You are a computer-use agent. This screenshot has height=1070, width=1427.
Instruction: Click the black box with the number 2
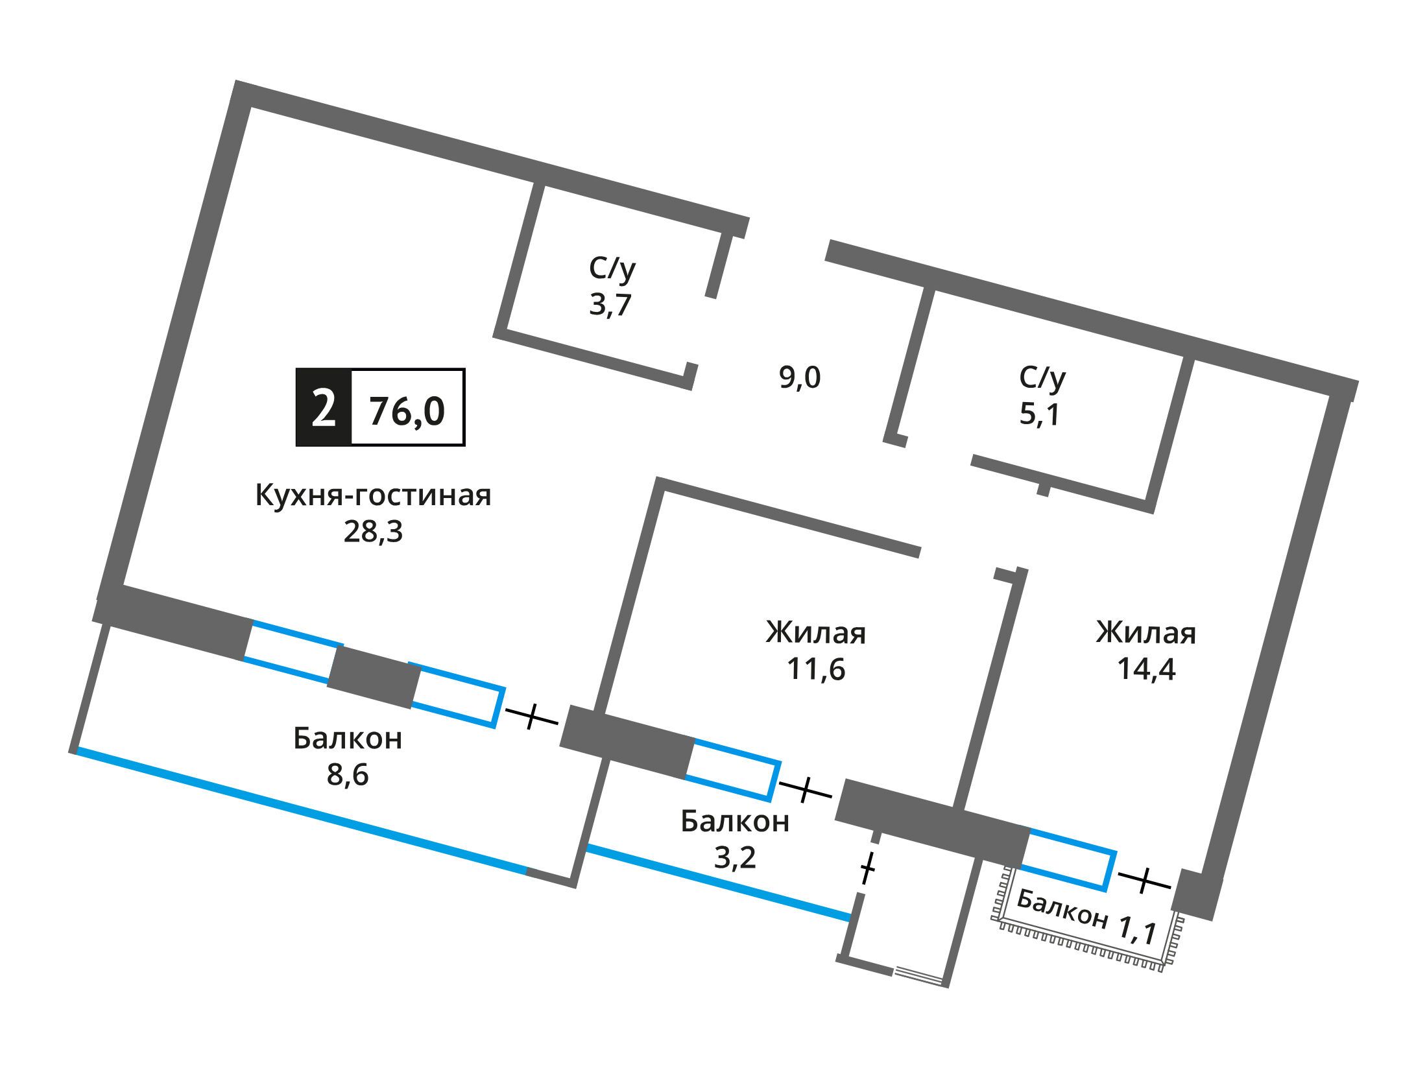pyautogui.click(x=324, y=407)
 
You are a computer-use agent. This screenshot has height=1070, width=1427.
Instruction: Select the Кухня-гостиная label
pyautogui.click(x=374, y=496)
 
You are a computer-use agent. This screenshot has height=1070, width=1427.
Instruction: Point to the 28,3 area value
pyautogui.click(x=373, y=532)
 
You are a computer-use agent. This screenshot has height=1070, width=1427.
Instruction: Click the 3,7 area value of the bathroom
pyautogui.click(x=610, y=304)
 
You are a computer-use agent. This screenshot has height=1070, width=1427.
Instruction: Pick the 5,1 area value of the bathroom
pyautogui.click(x=1040, y=414)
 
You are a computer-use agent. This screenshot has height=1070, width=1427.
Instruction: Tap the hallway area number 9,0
pyautogui.click(x=800, y=377)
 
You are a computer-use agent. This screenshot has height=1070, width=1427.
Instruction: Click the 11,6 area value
pyautogui.click(x=816, y=669)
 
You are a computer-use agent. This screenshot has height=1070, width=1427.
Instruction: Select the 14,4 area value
pyautogui.click(x=1146, y=669)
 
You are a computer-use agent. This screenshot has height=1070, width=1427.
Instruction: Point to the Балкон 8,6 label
pyautogui.click(x=348, y=756)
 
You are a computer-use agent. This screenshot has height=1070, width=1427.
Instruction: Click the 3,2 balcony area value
pyautogui.click(x=735, y=858)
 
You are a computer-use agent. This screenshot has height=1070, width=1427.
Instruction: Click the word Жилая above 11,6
pyautogui.click(x=816, y=632)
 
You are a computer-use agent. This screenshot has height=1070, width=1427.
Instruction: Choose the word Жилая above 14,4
pyautogui.click(x=1146, y=632)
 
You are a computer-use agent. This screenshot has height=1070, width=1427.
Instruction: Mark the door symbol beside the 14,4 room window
pyautogui.click(x=1145, y=879)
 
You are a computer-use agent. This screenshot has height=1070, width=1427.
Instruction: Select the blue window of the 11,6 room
pyautogui.click(x=733, y=768)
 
